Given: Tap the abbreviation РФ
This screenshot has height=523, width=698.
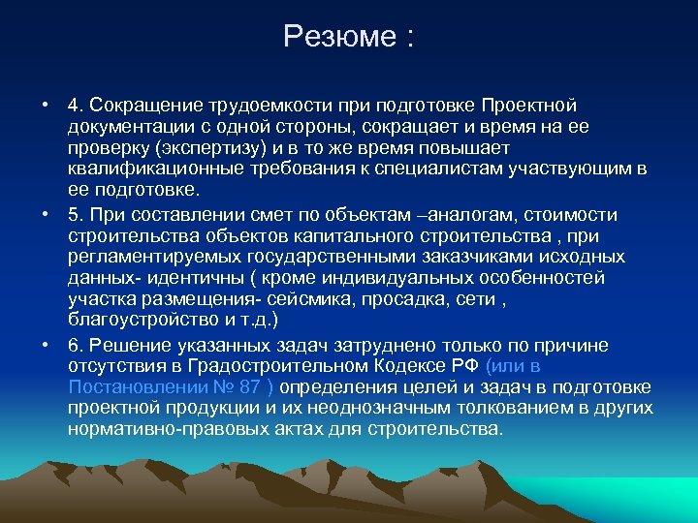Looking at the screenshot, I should point(461,366).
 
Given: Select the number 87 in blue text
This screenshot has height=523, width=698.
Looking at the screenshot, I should point(249,387).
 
